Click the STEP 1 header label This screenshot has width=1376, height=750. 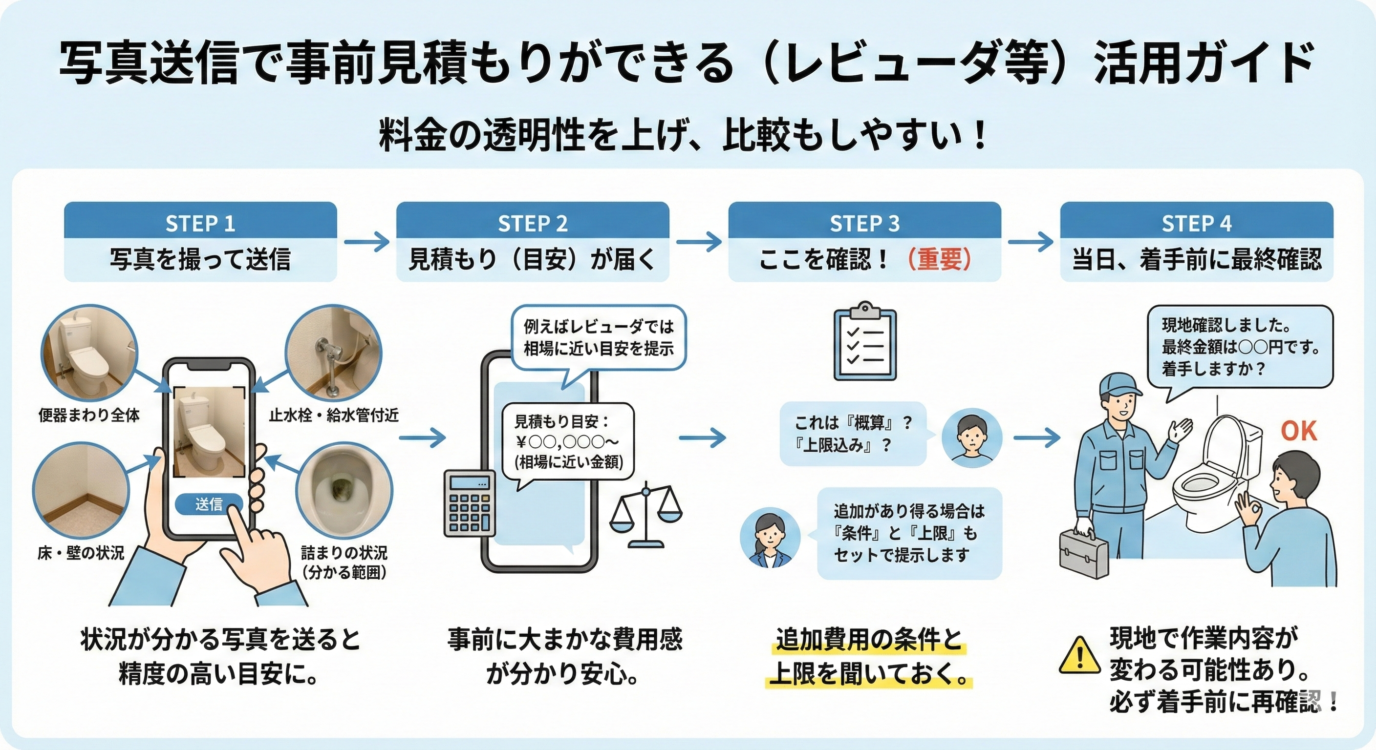click(200, 223)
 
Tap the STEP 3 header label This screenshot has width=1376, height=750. click(864, 223)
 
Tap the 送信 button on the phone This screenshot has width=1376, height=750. click(209, 504)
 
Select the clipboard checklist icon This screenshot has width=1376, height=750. click(865, 343)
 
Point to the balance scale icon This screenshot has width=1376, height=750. click(646, 516)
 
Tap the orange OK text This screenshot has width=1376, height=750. click(1298, 431)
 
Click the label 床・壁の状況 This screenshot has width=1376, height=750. click(81, 553)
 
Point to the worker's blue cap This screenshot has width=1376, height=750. click(1119, 385)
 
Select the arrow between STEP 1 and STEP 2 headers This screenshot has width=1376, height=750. click(366, 242)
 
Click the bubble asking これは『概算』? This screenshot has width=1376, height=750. click(853, 434)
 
